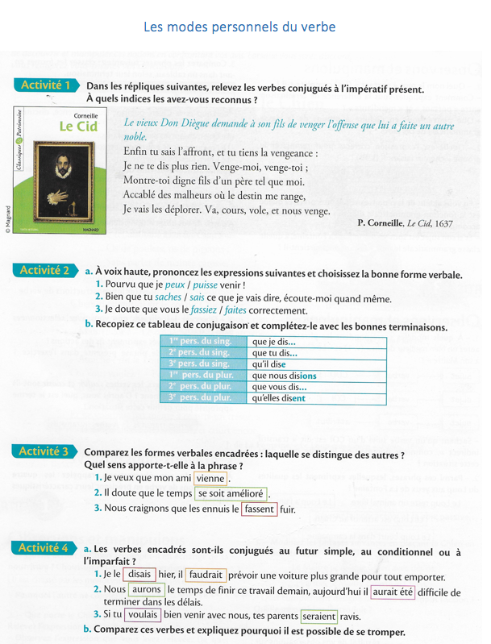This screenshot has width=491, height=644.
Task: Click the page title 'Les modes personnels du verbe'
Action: pos(239,27)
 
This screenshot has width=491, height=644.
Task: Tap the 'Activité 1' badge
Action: pos(45,85)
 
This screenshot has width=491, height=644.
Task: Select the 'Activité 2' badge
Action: pos(45,271)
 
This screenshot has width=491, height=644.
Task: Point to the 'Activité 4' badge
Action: pos(45,548)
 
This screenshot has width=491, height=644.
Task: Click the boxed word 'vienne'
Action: pos(210,479)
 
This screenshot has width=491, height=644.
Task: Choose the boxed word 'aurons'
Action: pos(146,592)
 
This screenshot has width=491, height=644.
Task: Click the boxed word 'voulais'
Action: pos(143,616)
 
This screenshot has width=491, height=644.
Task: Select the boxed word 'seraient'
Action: pos(319,616)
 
